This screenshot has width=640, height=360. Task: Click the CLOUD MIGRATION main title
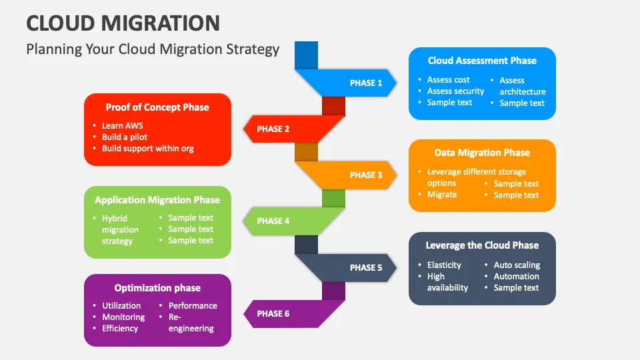[123, 23]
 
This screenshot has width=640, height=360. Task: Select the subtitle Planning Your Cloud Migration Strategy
[153, 49]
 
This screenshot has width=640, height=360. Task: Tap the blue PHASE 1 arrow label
[366, 83]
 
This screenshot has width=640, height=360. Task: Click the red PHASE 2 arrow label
[273, 129]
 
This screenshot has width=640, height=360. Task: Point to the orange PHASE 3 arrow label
[366, 175]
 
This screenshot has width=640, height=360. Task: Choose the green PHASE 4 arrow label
[273, 221]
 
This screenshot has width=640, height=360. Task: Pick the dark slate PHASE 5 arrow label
[366, 267]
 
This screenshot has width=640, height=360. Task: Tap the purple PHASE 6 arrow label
[273, 313]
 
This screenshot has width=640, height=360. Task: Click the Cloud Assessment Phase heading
[482, 61]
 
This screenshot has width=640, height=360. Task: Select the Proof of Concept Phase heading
[157, 107]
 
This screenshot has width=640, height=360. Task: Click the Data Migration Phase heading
[482, 153]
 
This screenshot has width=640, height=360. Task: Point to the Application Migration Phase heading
[157, 200]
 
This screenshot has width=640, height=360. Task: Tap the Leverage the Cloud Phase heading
[482, 245]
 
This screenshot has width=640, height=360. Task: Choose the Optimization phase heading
[157, 288]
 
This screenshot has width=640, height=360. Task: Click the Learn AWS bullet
[122, 125]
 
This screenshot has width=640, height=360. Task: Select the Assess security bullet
[455, 91]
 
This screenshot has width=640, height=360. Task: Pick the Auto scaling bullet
[517, 265]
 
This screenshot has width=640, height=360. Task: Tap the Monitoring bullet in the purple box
[123, 317]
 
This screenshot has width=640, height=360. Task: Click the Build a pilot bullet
[125, 137]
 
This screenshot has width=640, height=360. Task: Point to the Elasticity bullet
[444, 265]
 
